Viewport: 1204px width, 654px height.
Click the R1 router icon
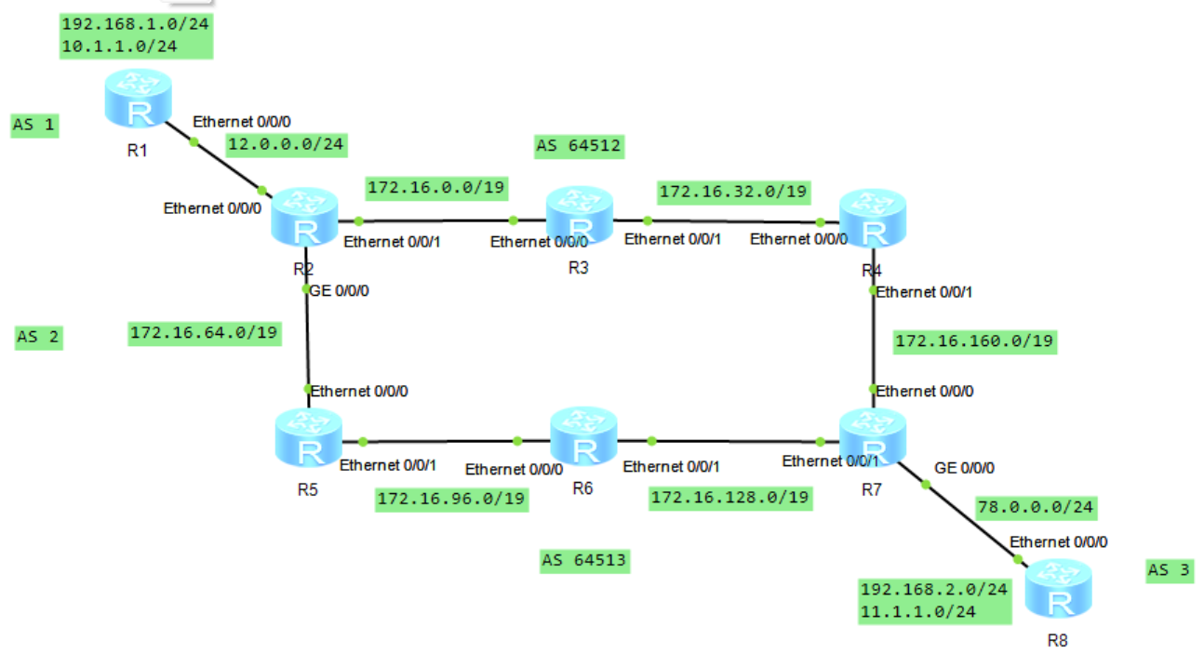139,100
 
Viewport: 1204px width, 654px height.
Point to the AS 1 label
34,124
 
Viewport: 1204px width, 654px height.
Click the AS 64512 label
579,145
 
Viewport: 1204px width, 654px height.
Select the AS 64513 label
583,560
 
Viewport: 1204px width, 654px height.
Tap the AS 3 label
1169,570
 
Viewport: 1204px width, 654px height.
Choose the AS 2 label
39,337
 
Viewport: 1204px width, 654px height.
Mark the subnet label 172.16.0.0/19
436,187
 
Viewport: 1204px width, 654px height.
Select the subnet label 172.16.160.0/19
973,341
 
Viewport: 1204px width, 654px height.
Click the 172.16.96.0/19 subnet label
451,500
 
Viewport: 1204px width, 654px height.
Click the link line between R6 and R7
735,441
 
